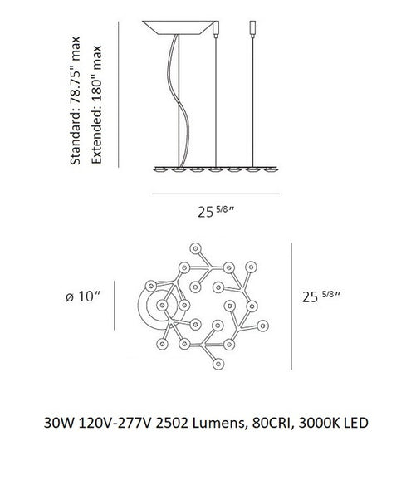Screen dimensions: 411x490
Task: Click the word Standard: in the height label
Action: tap(76, 130)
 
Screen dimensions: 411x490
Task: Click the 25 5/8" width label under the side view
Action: tap(216, 212)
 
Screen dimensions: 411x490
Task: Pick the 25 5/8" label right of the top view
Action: tap(321, 296)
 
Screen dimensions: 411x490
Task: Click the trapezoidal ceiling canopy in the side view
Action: tap(178, 27)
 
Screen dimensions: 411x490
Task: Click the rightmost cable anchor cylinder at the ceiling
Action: tap(252, 28)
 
